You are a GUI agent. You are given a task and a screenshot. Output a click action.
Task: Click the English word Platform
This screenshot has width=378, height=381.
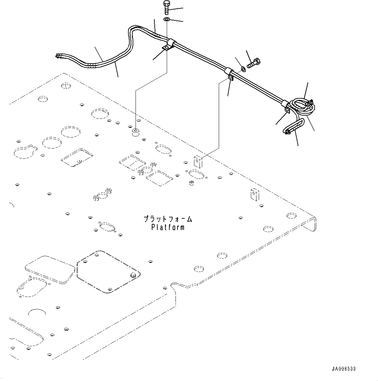168,227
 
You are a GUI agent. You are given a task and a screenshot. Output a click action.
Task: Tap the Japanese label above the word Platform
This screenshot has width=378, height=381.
168,219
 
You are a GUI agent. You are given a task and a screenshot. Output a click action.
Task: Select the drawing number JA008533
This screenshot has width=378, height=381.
344,369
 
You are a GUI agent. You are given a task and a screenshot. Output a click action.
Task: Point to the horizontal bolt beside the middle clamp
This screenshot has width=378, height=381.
254,63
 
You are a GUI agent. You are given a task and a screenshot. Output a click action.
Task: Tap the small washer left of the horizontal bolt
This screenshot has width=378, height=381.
243,69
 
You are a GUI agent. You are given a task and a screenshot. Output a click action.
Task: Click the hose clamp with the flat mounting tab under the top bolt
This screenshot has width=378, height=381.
168,45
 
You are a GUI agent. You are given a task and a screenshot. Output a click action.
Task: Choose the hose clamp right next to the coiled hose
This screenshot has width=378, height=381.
286,107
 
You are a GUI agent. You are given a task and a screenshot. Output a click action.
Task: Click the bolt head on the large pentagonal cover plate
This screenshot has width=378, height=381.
133,275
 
